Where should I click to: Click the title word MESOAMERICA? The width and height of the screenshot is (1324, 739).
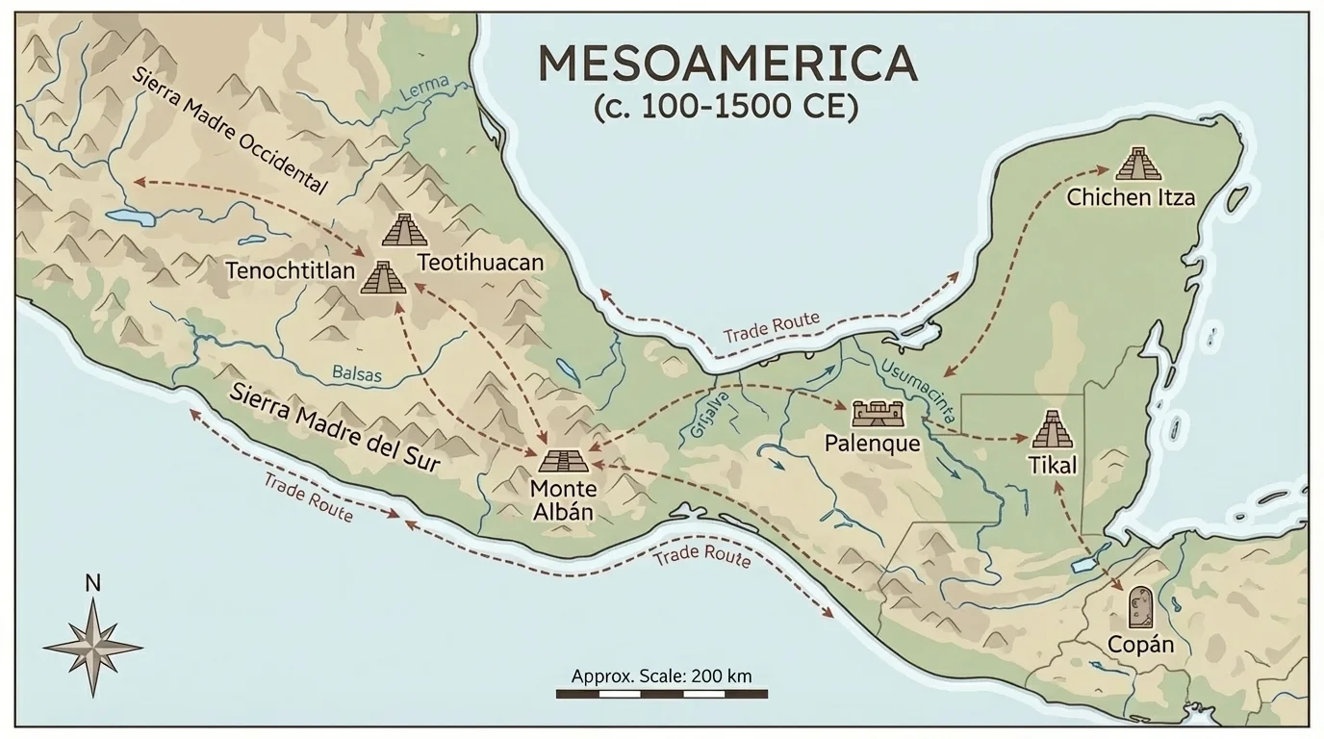(726, 64)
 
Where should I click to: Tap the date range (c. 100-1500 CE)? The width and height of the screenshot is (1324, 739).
(726, 105)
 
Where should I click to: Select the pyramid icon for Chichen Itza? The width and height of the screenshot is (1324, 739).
(1138, 165)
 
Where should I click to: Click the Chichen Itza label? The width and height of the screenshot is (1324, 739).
(1131, 198)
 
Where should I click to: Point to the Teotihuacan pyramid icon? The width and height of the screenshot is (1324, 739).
(404, 230)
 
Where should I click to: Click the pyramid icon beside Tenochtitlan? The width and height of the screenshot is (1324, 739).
(383, 278)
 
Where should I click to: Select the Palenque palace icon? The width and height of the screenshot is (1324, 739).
(878, 414)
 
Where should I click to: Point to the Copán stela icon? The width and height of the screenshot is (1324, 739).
(1140, 607)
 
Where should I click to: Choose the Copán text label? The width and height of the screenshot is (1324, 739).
(1140, 644)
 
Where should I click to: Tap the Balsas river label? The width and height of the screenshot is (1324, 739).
(356, 373)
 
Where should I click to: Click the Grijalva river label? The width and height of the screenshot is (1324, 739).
(705, 414)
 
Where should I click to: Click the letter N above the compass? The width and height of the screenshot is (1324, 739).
(92, 582)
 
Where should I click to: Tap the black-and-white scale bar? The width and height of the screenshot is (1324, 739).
(661, 693)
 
